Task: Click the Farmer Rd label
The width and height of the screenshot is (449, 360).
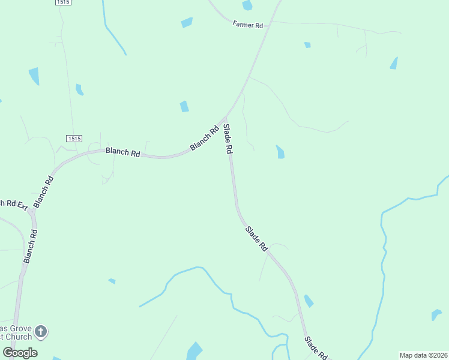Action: tap(248, 25)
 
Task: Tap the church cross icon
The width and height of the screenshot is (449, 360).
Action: tap(41, 331)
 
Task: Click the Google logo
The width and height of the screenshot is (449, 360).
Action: tap(20, 352)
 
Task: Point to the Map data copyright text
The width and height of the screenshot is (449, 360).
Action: tap(423, 355)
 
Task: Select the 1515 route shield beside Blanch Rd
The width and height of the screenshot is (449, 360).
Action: tap(74, 139)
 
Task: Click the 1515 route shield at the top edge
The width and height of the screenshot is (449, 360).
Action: tap(63, 2)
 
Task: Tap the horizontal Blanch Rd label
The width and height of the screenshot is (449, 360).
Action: tap(122, 152)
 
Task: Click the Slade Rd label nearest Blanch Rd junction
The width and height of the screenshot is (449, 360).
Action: tap(228, 139)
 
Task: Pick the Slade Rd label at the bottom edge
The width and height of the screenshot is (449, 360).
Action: tap(316, 349)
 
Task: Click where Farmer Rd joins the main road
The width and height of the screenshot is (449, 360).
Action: tap(271, 22)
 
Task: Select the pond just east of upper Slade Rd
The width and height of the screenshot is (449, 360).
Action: tap(280, 152)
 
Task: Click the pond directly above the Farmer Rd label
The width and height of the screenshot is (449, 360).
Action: tap(247, 5)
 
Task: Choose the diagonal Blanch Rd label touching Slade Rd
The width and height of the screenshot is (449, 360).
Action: tap(204, 138)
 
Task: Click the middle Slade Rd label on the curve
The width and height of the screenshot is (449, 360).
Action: tap(256, 238)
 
